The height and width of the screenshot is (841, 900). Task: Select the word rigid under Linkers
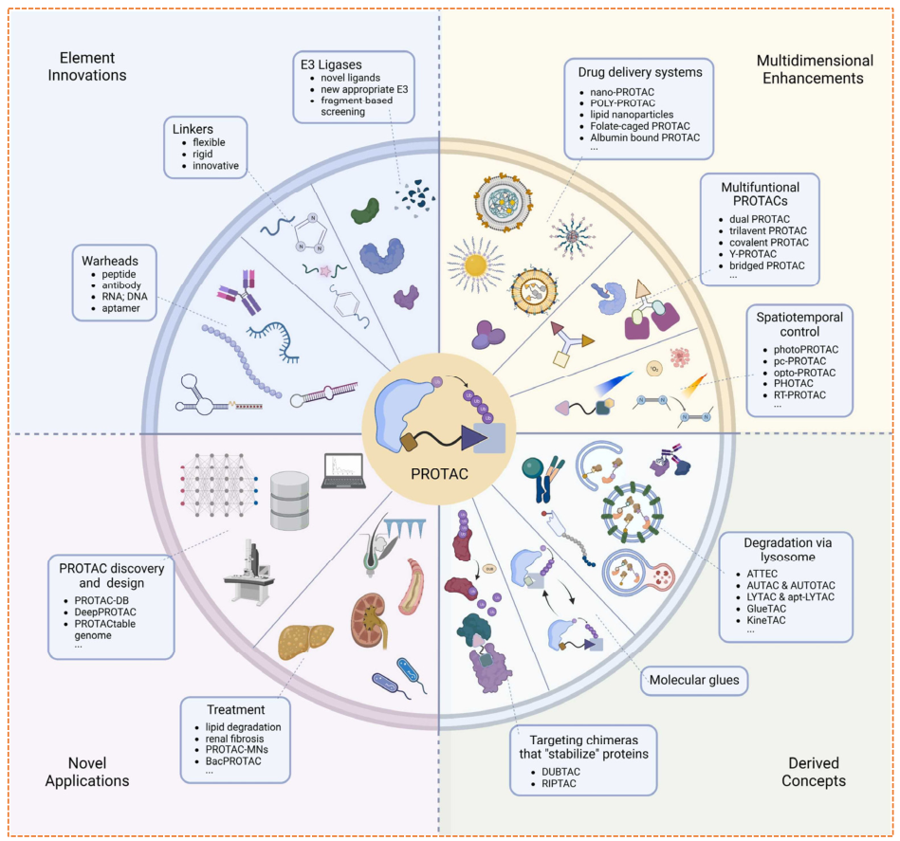(203, 155)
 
